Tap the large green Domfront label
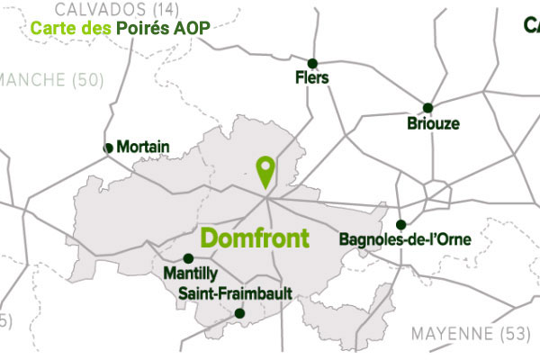(255, 238)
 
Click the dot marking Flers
(312, 63)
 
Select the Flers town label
(312, 78)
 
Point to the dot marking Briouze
(428, 108)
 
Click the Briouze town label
(433, 123)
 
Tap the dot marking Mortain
(109, 148)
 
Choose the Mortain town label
(144, 147)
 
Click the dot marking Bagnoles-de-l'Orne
(400, 225)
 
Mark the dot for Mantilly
(187, 257)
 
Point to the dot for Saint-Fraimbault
(239, 313)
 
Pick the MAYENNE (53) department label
(471, 334)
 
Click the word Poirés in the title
(145, 28)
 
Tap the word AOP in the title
(193, 28)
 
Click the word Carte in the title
(52, 28)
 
